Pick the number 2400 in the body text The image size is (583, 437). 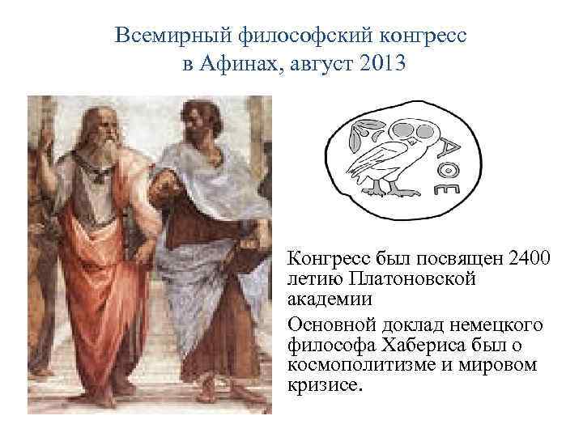click(x=529, y=260)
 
